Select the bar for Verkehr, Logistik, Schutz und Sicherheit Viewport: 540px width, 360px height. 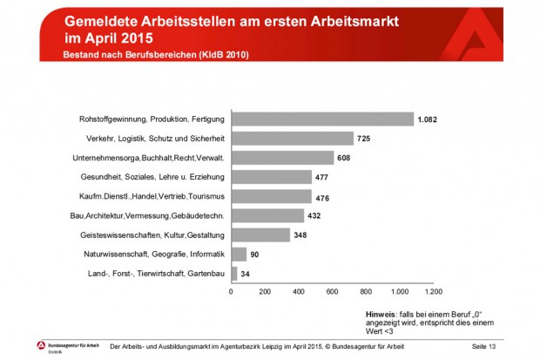click(x=292, y=139)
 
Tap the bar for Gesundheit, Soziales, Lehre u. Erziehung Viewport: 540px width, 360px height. click(x=271, y=177)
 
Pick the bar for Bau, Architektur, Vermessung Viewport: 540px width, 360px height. click(x=267, y=215)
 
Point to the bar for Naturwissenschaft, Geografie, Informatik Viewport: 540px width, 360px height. click(x=239, y=255)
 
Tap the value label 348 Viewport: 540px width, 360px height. click(x=303, y=235)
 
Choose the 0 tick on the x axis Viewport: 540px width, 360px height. click(x=231, y=291)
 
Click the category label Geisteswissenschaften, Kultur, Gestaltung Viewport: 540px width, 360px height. click(x=152, y=235)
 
